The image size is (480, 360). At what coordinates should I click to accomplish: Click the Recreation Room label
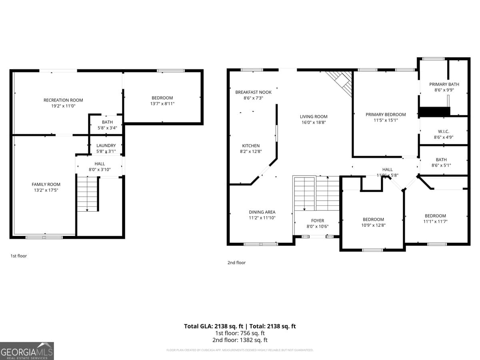pos(63,100)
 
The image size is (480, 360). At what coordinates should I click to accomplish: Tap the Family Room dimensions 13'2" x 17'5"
pos(46,190)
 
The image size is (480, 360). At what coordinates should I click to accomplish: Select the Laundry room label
pos(106,146)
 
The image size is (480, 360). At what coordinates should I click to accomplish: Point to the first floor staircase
pos(87,194)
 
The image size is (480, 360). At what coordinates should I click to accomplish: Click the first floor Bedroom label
pos(162,98)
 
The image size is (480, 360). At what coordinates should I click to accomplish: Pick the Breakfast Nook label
pos(253,92)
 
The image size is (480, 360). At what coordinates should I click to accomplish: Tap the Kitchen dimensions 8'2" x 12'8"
pos(251,152)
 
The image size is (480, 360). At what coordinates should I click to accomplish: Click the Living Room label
pos(314,117)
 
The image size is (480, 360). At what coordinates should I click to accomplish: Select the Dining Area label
pos(262,212)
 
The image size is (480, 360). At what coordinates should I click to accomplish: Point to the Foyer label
pos(318,221)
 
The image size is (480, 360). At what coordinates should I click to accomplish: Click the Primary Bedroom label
pos(386,114)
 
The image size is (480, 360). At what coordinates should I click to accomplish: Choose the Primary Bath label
pos(444,84)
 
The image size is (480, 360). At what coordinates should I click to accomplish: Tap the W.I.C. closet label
pos(444,131)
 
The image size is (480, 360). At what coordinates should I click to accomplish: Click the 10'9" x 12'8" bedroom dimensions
pos(373,225)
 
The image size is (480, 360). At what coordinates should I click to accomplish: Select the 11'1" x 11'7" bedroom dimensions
pos(435,222)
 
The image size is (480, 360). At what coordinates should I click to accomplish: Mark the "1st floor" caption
pos(18,256)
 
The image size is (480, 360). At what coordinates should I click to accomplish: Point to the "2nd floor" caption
pos(236,263)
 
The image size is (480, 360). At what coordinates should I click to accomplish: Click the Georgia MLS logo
pos(27,351)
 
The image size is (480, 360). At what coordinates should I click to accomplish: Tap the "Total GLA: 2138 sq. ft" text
pos(212,326)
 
